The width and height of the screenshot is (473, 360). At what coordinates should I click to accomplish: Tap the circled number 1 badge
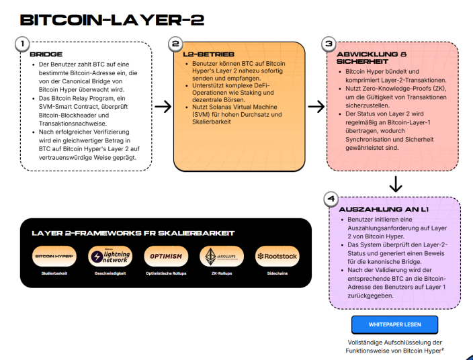coord(22,44)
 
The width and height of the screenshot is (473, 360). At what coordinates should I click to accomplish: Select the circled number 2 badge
coord(175,44)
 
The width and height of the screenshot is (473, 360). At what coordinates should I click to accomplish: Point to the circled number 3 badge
coord(329,44)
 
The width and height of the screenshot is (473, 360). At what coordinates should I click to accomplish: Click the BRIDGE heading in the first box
coord(46,54)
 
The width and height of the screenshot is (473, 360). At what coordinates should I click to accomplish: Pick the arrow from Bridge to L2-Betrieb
coord(163,106)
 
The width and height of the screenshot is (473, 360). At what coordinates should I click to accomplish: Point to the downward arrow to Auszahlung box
coord(396,183)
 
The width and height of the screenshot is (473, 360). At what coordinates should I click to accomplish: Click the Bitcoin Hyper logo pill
coord(54,257)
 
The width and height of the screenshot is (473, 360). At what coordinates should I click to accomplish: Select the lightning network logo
coord(110,257)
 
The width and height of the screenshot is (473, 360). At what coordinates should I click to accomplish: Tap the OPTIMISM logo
coord(165,257)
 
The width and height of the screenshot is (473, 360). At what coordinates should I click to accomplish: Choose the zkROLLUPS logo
coord(221,257)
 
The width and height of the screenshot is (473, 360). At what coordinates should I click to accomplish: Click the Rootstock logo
coord(277,257)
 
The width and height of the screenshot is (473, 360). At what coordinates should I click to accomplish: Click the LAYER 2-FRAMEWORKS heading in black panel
coord(132,233)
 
